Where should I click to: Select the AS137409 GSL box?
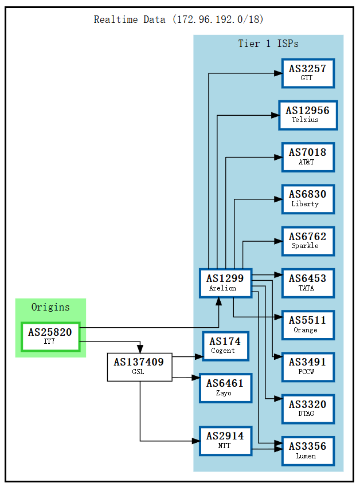click(x=139, y=367)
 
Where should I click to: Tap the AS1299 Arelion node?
click(x=225, y=283)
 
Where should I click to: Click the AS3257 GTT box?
click(x=307, y=73)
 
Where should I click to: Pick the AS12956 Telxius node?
click(x=307, y=115)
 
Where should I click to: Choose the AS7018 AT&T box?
click(x=307, y=157)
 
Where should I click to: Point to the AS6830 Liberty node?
click(x=307, y=199)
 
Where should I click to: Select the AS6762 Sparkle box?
click(x=307, y=241)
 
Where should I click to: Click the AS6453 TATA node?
click(x=307, y=283)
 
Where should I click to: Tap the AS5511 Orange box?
click(x=307, y=325)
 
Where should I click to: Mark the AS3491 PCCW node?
click(x=307, y=367)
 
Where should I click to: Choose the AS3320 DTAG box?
click(x=307, y=409)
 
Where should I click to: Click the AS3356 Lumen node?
click(x=307, y=451)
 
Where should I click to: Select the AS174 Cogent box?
click(x=225, y=346)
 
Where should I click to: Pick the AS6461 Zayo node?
click(x=225, y=388)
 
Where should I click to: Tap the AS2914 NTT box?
click(x=225, y=441)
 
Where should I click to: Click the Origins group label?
click(x=50, y=307)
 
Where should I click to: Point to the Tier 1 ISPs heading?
click(x=268, y=44)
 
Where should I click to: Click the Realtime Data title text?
click(x=179, y=19)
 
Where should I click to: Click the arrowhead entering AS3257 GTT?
click(x=277, y=73)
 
